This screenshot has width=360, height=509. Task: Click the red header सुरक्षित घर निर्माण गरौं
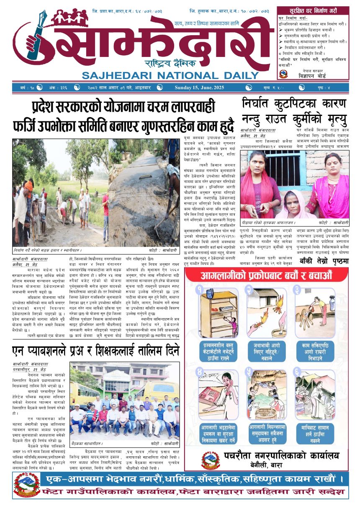point(313,10)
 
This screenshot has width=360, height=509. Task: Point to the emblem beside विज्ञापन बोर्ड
point(283,74)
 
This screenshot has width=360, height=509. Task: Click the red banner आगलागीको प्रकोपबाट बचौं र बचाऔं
point(266,276)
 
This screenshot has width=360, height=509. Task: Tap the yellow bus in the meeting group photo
point(84,391)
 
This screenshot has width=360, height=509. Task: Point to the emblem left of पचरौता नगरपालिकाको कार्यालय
point(209,460)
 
